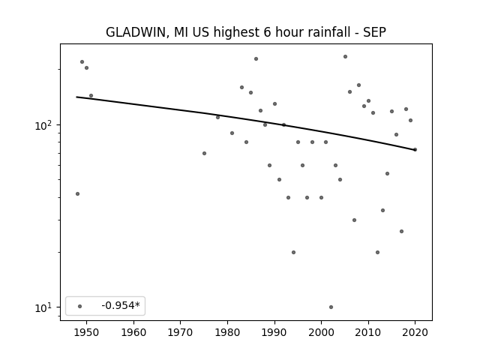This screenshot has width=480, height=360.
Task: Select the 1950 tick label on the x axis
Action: coord(87,332)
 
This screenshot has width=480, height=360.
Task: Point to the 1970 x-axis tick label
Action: coord(180,332)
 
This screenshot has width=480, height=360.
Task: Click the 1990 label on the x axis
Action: coord(274,332)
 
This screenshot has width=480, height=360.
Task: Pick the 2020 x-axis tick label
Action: coord(415,332)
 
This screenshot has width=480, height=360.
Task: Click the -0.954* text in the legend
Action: coord(121,305)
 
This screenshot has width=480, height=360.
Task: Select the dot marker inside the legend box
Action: coord(80,306)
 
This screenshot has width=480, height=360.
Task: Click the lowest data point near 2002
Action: coord(331,307)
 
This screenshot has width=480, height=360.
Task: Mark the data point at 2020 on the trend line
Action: coord(415,150)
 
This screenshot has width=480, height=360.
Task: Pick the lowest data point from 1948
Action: coord(77,193)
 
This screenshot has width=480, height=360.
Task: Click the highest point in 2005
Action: coord(345,57)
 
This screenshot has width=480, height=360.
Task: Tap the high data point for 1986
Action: coord(256,58)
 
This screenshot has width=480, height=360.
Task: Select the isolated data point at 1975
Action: coord(204,153)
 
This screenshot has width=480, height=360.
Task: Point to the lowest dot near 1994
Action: coord(293,252)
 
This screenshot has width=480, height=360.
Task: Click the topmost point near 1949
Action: coord(82,61)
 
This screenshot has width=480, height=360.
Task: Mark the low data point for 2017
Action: coord(402,232)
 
